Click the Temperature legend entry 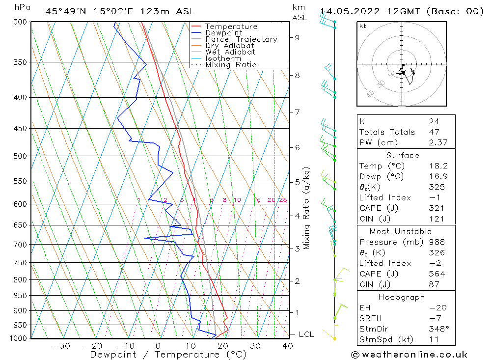[231, 27]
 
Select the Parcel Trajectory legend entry [241, 39]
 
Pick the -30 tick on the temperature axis [61, 346]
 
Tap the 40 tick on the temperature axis [288, 346]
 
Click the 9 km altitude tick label [298, 37]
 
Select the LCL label [306, 334]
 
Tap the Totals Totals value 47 [434, 132]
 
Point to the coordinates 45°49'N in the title [67, 11]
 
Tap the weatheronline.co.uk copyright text [409, 354]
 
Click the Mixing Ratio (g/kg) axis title [307, 208]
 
